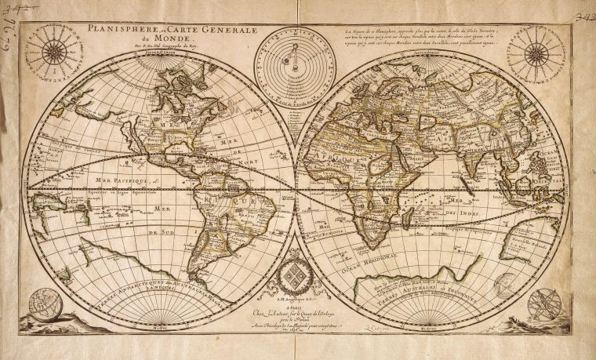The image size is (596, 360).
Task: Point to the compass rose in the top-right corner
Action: click(538, 53)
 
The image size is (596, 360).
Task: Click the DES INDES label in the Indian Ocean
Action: click(464, 213)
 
